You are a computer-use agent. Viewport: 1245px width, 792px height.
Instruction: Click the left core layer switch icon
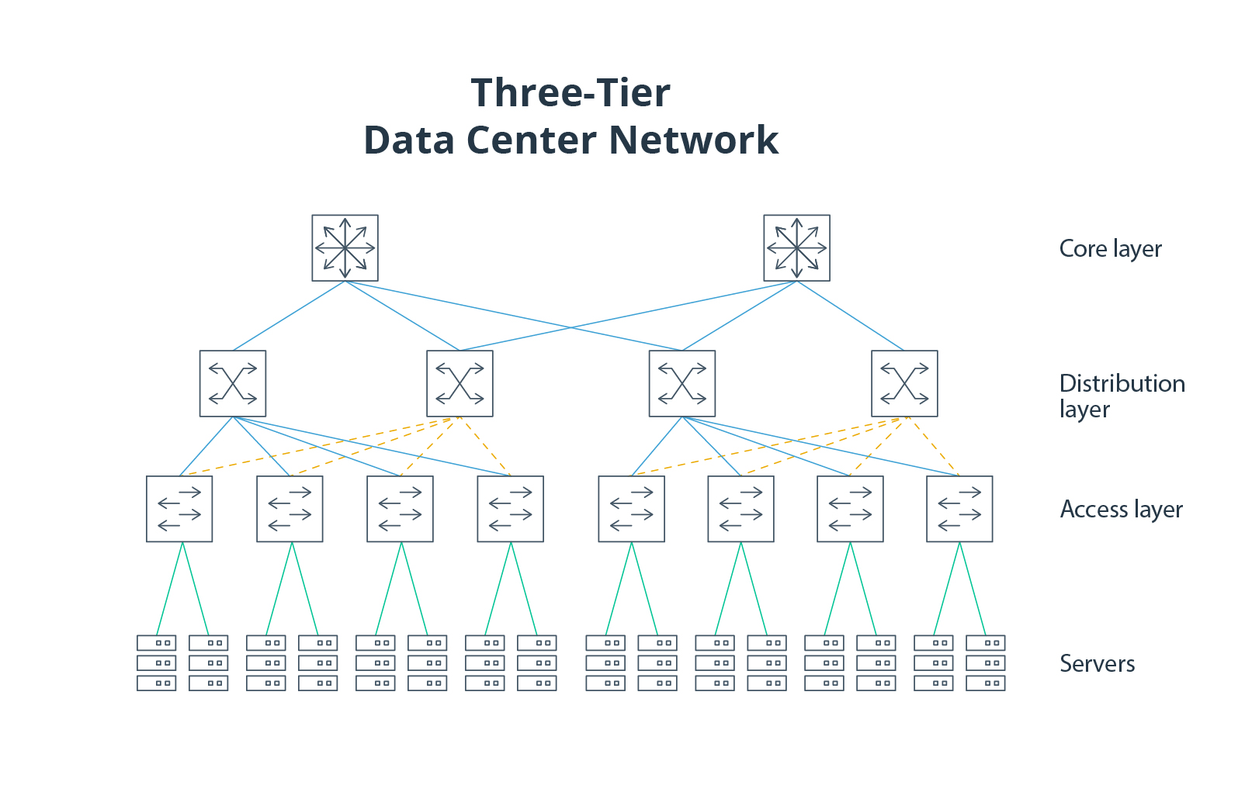click(x=345, y=248)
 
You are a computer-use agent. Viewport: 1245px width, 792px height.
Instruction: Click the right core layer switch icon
click(x=796, y=248)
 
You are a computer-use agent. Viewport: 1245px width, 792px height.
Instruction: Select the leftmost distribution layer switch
click(x=233, y=383)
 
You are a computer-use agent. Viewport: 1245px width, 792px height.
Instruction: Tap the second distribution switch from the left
click(x=460, y=383)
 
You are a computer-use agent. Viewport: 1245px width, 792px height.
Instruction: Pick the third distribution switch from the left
click(x=682, y=383)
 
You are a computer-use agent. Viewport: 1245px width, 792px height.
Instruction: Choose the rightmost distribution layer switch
click(x=904, y=383)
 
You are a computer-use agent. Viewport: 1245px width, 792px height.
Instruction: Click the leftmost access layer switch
click(x=179, y=509)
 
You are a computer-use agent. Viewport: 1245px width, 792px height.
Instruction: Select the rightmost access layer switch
click(x=959, y=509)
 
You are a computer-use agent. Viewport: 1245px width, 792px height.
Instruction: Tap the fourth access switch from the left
click(x=510, y=509)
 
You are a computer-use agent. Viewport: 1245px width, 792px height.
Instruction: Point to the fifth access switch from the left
click(x=631, y=509)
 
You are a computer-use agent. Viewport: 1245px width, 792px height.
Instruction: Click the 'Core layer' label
click(x=1110, y=249)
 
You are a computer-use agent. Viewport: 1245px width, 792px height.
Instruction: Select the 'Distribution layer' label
click(x=1121, y=396)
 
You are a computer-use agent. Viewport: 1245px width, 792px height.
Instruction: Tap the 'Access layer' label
click(x=1121, y=510)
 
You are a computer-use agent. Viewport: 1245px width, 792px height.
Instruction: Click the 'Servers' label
click(x=1097, y=664)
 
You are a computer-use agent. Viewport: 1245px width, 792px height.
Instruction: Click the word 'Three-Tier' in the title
click(x=570, y=93)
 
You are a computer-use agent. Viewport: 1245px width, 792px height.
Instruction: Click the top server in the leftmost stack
click(x=156, y=643)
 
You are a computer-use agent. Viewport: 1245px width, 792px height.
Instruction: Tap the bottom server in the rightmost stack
click(x=985, y=683)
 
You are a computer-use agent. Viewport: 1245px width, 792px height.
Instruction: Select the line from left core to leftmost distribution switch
click(x=289, y=316)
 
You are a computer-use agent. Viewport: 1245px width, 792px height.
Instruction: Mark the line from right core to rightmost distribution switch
click(x=851, y=316)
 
